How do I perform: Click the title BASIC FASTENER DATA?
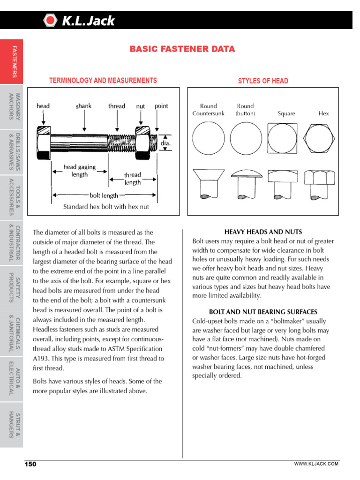click(182, 49)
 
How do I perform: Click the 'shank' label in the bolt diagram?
click(83, 106)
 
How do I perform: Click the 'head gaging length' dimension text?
click(79, 170)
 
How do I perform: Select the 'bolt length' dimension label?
click(104, 195)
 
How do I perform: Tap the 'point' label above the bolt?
click(161, 106)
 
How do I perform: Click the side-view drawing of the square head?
click(283, 184)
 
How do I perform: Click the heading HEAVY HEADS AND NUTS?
click(263, 232)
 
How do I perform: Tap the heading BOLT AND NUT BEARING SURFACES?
click(263, 312)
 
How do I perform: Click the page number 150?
click(30, 464)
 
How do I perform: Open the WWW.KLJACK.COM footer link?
click(316, 464)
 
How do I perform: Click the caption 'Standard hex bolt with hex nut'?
click(106, 207)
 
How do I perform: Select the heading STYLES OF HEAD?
click(263, 81)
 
